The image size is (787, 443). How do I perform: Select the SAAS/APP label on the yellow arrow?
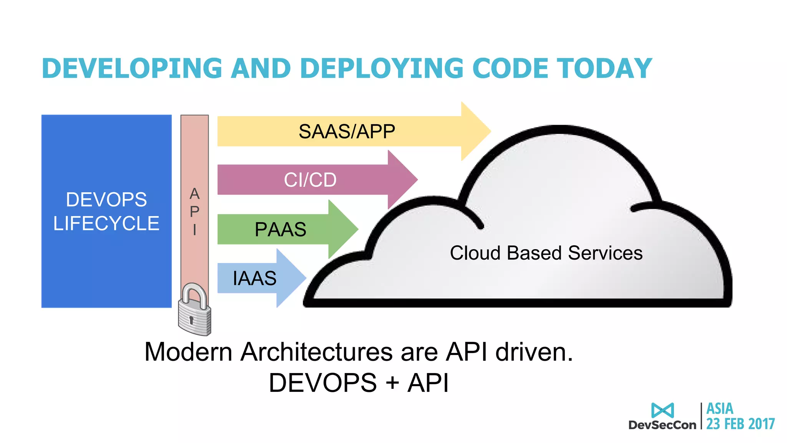point(347,132)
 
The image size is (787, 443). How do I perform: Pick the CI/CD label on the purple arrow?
point(310,180)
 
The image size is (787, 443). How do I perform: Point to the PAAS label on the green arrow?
point(281,230)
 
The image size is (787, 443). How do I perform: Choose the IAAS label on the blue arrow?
point(254,278)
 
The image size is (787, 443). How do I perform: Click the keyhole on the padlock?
point(191,320)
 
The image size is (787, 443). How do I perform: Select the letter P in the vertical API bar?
point(194,212)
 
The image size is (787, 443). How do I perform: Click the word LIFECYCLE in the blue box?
point(106,223)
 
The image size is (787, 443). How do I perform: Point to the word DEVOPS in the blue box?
point(106,200)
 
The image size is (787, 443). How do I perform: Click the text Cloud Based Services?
point(546,253)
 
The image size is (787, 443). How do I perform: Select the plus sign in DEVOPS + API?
point(392,383)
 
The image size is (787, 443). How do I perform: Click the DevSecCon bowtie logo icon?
point(662,410)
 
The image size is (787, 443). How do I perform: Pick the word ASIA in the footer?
point(720,408)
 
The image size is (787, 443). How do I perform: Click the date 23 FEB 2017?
point(741,424)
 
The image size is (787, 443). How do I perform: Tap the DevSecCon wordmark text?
point(662,425)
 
